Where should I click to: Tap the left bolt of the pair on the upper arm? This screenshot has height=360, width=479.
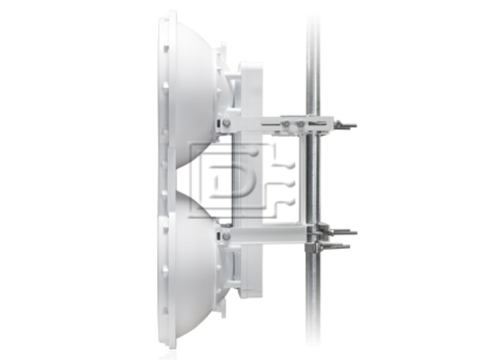[286, 124]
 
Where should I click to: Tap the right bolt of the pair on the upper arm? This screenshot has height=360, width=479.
[300, 124]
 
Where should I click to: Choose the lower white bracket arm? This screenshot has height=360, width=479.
[263, 235]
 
